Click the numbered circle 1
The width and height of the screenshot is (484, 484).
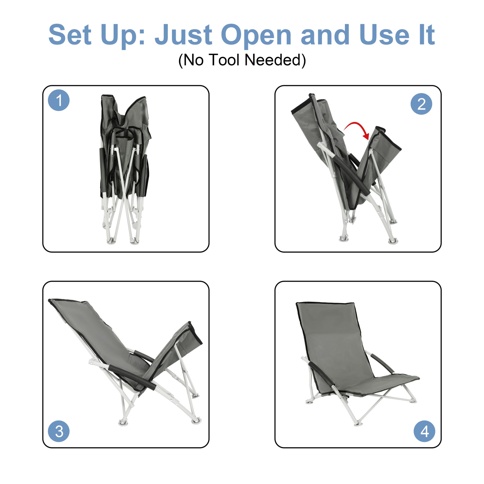point(59,100)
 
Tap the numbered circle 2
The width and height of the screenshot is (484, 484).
point(421,104)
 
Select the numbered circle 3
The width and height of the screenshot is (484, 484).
point(59,431)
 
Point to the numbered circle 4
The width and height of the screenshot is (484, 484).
point(424,431)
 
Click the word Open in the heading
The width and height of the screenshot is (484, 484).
point(256,35)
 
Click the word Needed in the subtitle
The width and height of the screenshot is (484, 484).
point(275,60)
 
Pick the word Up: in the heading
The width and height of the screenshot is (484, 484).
point(123,35)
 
